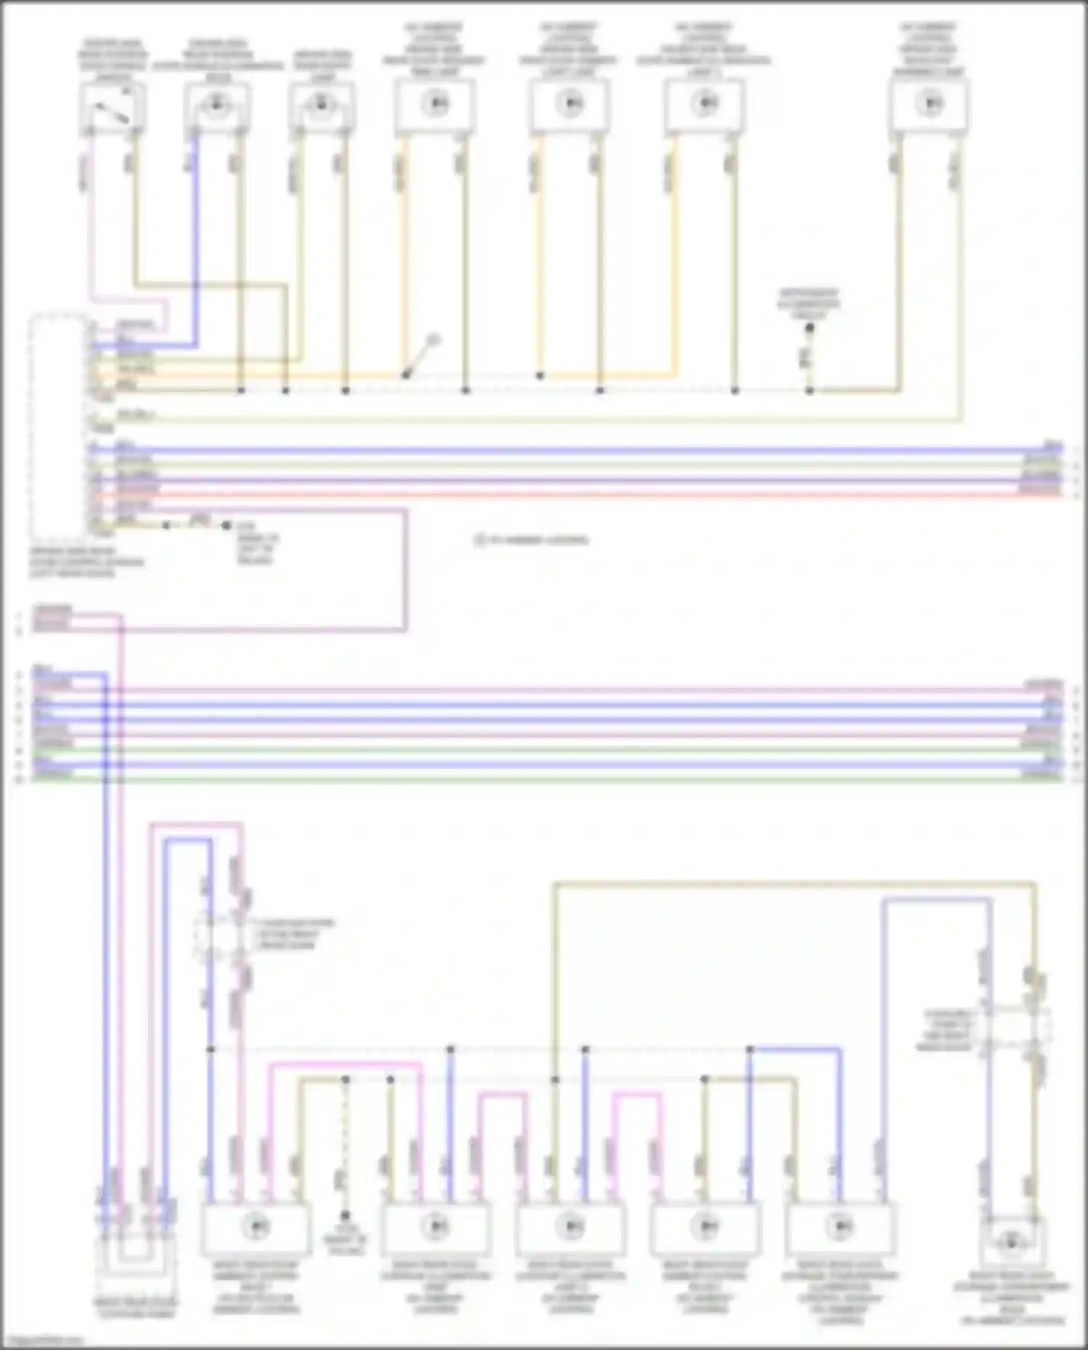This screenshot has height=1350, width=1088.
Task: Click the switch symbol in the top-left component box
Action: [x=112, y=106]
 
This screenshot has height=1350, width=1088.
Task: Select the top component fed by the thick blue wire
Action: [x=216, y=106]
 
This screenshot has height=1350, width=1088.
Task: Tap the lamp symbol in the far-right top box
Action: [x=929, y=104]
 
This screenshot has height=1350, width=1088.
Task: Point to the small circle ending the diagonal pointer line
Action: [x=434, y=339]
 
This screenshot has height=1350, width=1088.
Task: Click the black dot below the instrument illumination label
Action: [x=810, y=329]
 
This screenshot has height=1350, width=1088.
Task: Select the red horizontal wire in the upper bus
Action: [x=580, y=495]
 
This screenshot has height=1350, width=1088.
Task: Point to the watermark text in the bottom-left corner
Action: [x=42, y=1341]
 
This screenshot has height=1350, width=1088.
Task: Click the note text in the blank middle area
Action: [x=533, y=540]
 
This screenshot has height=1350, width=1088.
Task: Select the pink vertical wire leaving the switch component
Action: [x=90, y=218]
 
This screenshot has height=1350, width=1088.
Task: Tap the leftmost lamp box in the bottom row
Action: [x=255, y=1227]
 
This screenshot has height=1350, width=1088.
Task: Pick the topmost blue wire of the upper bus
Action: [x=580, y=450]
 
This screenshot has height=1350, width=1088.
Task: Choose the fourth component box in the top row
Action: [x=435, y=106]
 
